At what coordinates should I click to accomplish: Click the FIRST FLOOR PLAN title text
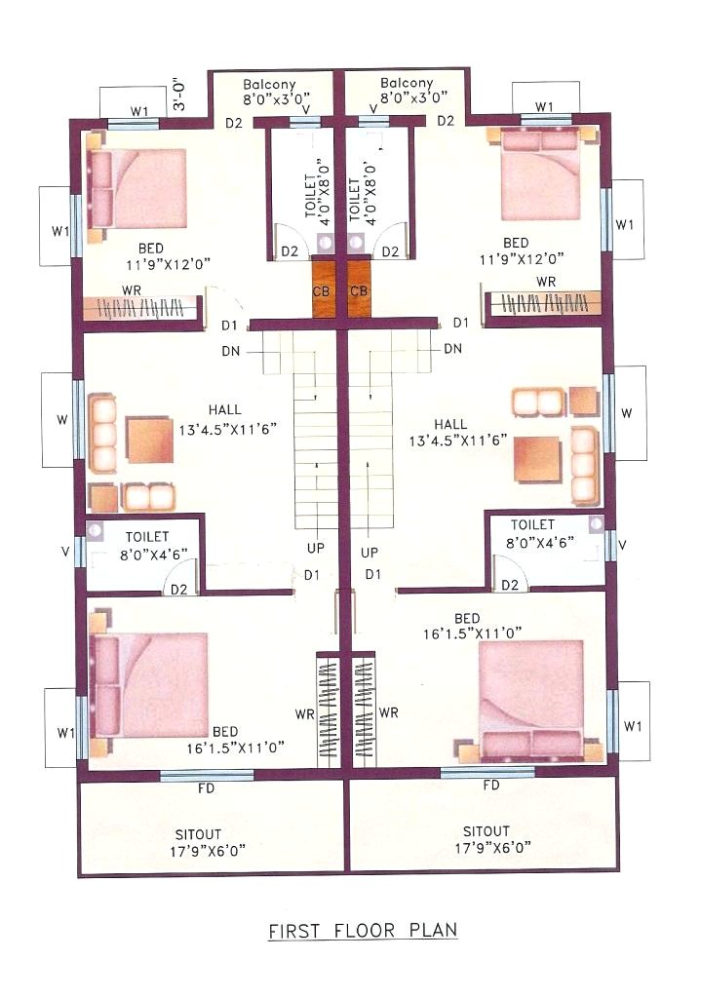(363, 931)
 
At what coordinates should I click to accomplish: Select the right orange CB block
(359, 291)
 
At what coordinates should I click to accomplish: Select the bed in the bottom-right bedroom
(531, 699)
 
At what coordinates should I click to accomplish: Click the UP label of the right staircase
(370, 553)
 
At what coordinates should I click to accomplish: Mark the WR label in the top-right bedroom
(546, 282)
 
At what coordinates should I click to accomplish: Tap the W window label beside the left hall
(61, 420)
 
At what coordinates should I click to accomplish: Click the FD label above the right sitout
(491, 786)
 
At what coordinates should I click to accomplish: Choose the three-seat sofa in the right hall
(583, 463)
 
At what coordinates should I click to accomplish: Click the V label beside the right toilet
(622, 544)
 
